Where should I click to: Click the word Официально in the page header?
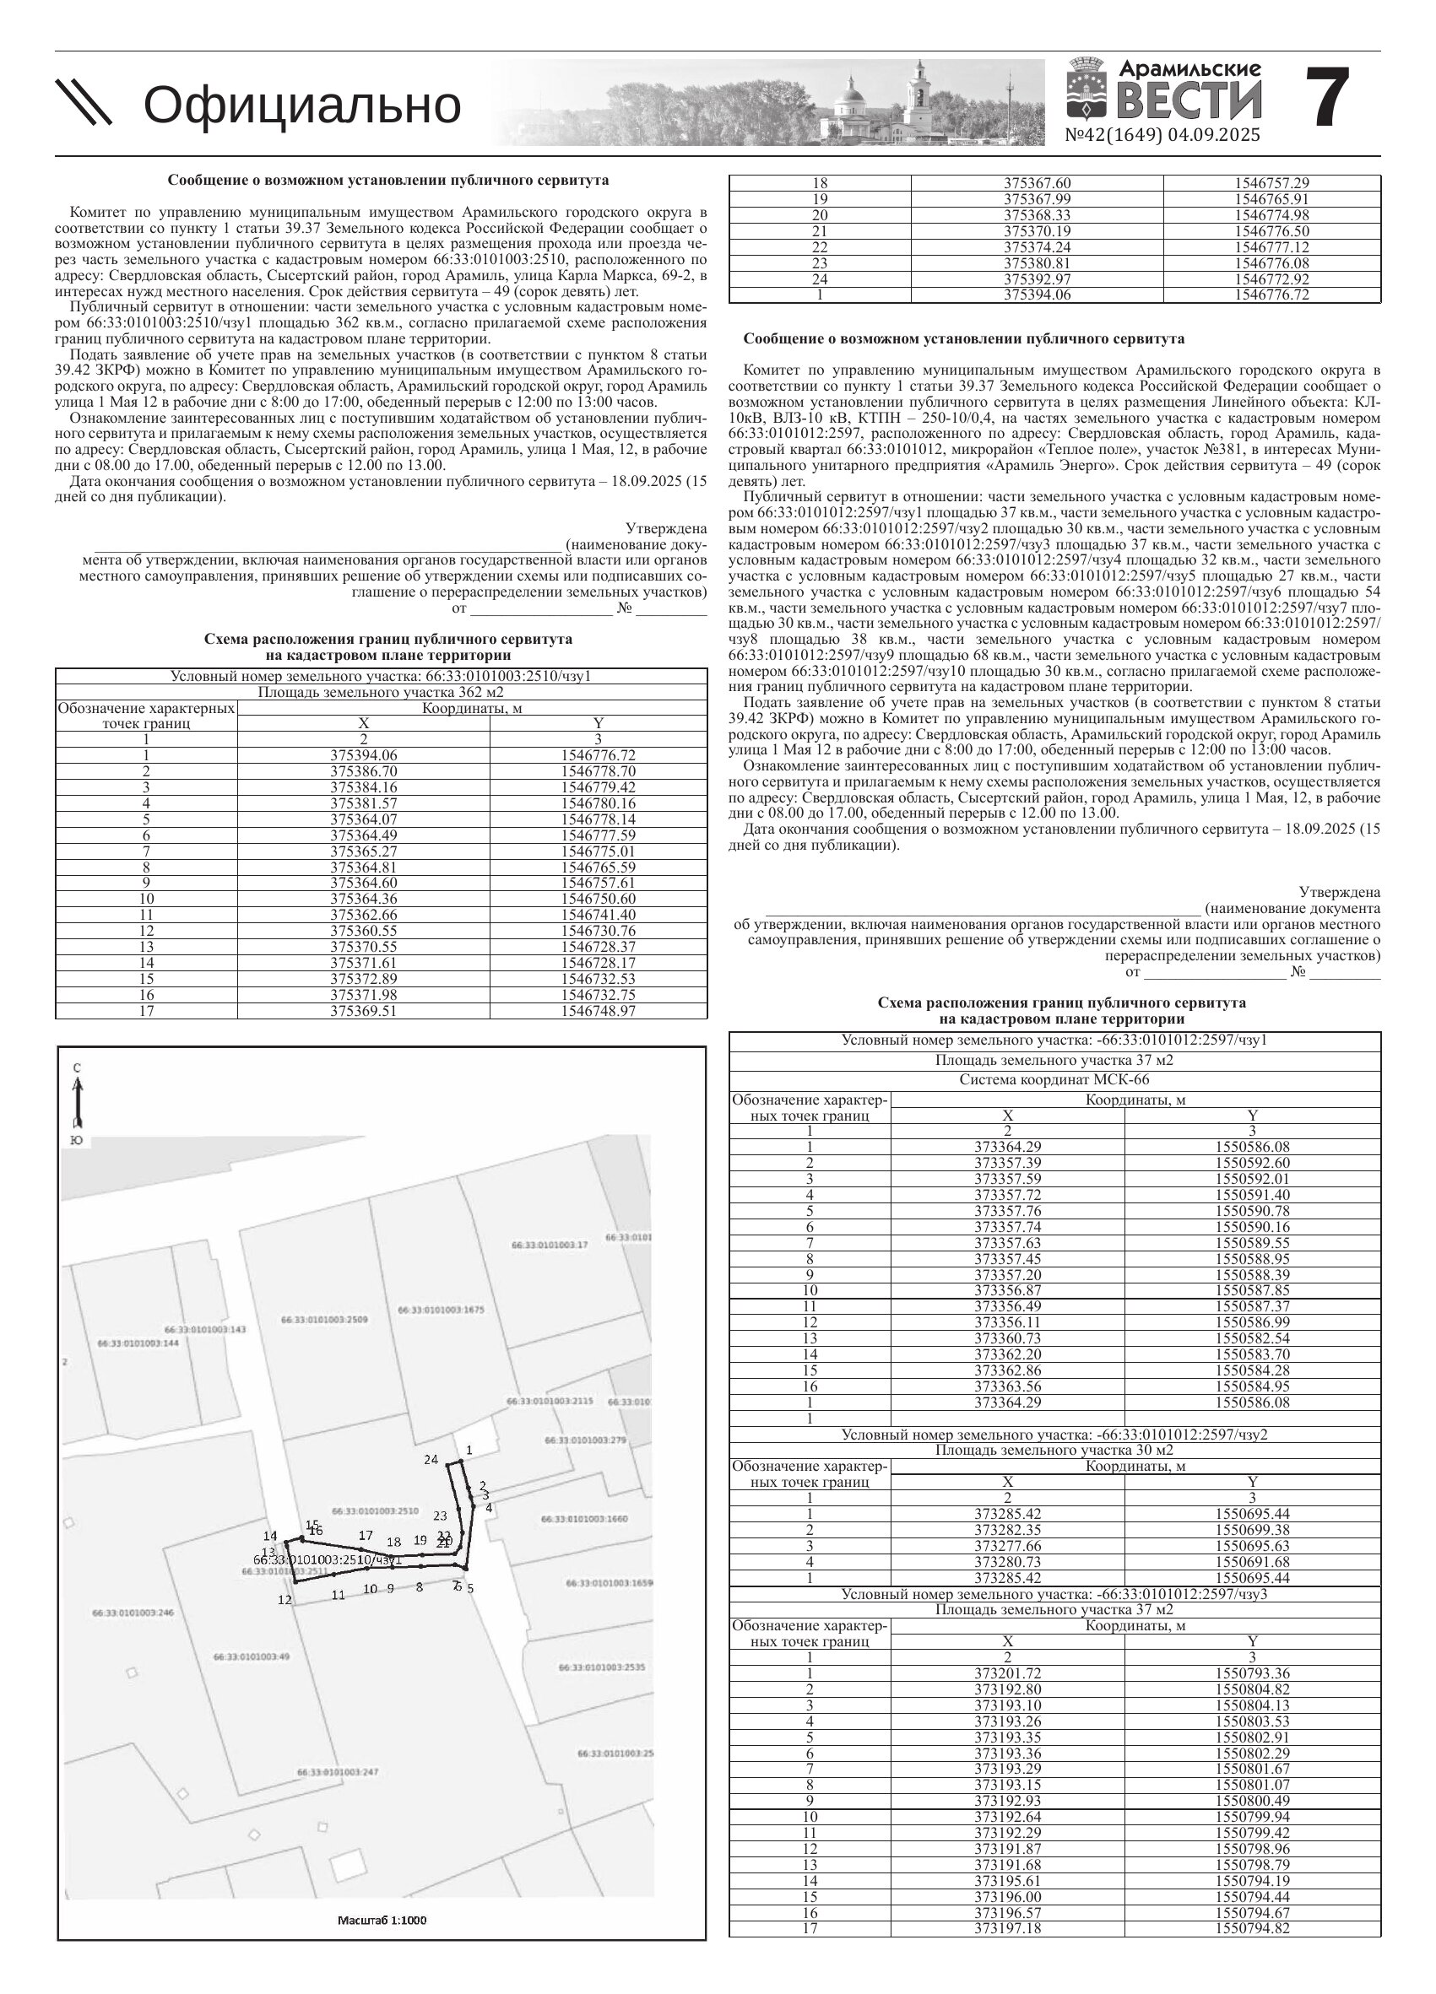tap(301, 105)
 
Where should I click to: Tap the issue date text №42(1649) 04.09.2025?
tap(1162, 135)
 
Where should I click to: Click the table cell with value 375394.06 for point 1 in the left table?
tap(363, 755)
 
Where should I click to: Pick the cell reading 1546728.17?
tap(598, 963)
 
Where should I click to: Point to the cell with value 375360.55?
tap(363, 931)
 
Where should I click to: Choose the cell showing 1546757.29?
tap(1271, 183)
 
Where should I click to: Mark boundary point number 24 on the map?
tap(431, 1461)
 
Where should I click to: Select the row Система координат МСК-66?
tap(1054, 1079)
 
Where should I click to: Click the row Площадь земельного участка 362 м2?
tap(381, 692)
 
